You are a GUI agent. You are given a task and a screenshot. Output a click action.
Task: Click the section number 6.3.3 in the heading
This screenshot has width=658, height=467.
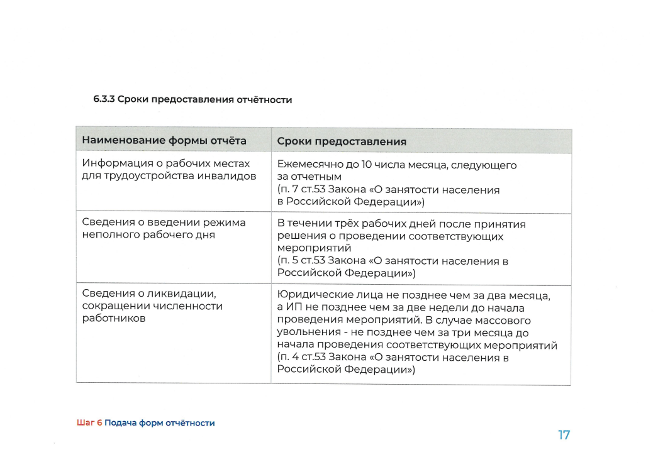(x=104, y=100)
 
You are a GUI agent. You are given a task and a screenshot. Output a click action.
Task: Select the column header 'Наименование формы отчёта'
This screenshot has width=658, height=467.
(x=164, y=141)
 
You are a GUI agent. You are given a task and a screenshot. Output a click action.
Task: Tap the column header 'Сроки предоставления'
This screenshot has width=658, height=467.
(x=342, y=141)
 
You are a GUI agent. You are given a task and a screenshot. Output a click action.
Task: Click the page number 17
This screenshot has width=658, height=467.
(x=564, y=434)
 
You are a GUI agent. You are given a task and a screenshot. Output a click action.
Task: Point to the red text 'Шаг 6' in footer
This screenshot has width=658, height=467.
(x=89, y=423)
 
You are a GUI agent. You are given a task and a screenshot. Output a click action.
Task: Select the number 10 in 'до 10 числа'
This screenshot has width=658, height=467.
(x=367, y=165)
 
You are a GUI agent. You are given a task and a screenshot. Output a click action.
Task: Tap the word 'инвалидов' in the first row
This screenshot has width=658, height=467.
(x=227, y=176)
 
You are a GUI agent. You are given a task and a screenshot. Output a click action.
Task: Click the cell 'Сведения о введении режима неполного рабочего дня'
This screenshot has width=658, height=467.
(x=164, y=229)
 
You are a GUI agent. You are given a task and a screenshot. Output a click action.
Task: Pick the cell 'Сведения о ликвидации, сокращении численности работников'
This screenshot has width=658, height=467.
(x=152, y=306)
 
